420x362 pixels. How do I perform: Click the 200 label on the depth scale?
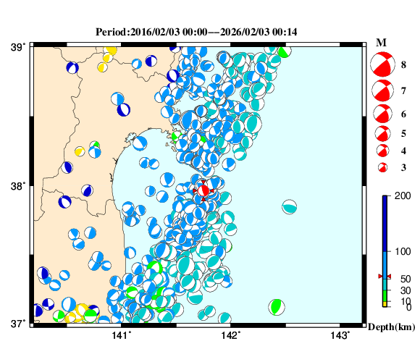(x=397, y=197)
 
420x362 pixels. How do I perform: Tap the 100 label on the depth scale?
(x=397, y=251)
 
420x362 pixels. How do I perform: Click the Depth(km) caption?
(x=390, y=327)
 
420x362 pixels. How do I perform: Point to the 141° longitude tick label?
(x=122, y=335)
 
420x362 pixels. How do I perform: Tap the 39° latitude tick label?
(x=17, y=47)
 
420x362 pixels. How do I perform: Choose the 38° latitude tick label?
(x=17, y=185)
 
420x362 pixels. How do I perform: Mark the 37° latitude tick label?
(x=17, y=323)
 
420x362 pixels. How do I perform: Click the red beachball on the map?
(x=204, y=190)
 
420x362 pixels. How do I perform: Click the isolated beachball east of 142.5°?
(x=290, y=206)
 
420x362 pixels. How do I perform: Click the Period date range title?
(x=196, y=32)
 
